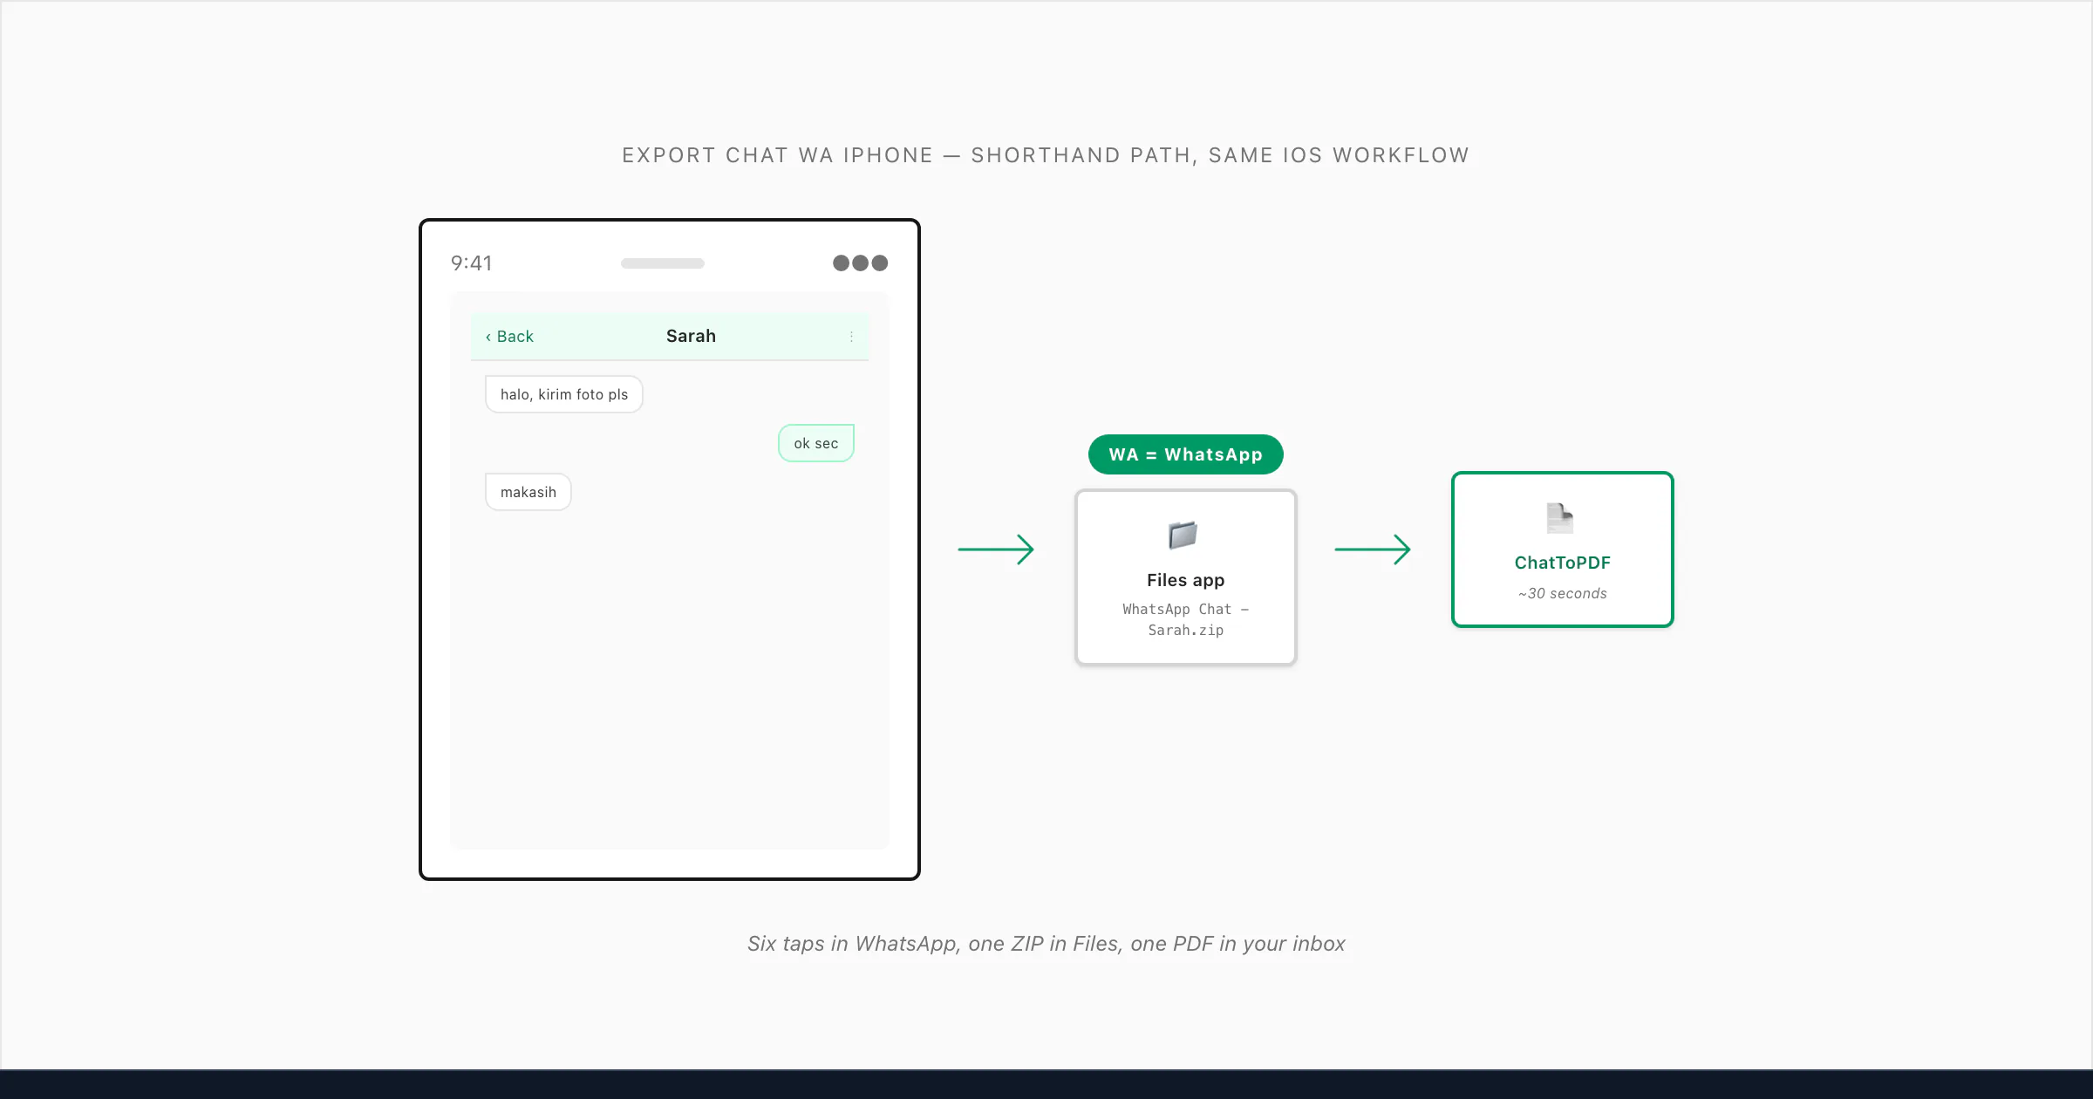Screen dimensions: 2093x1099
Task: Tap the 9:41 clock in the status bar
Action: pos(471,263)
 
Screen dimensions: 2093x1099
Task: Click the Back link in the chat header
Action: pos(509,337)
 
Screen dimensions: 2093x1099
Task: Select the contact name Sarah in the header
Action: pos(691,336)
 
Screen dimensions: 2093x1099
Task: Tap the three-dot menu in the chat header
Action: pos(851,337)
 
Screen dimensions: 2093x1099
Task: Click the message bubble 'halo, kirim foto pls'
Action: pos(564,394)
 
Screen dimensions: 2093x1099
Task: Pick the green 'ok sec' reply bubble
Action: pos(816,443)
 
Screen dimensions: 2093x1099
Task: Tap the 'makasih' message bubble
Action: pos(528,492)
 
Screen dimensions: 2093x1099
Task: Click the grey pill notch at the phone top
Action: pos(663,263)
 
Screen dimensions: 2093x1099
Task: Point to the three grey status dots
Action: pos(860,263)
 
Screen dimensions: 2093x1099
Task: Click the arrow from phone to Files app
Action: pos(996,549)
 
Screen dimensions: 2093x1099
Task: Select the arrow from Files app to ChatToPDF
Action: pos(1373,549)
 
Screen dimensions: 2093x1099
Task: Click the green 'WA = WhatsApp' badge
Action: pos(1186,454)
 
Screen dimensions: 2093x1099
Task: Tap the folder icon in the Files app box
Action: pos(1183,535)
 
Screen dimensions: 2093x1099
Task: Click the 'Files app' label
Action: pos(1186,580)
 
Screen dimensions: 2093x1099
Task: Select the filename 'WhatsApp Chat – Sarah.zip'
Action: pos(1186,619)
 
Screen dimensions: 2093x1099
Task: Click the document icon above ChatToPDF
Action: pos(1560,518)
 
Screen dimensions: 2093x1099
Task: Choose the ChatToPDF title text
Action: pos(1563,563)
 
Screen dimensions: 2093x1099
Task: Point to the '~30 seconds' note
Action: pos(1563,593)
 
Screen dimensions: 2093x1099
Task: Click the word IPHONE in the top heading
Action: pos(889,155)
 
